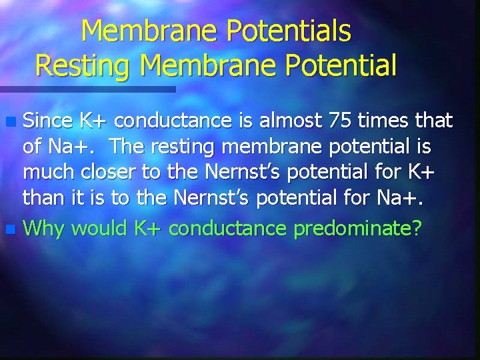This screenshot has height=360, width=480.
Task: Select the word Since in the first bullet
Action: [x=48, y=121]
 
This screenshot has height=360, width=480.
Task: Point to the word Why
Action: [x=44, y=229]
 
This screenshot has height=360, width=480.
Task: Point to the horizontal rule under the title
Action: [x=87, y=89]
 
